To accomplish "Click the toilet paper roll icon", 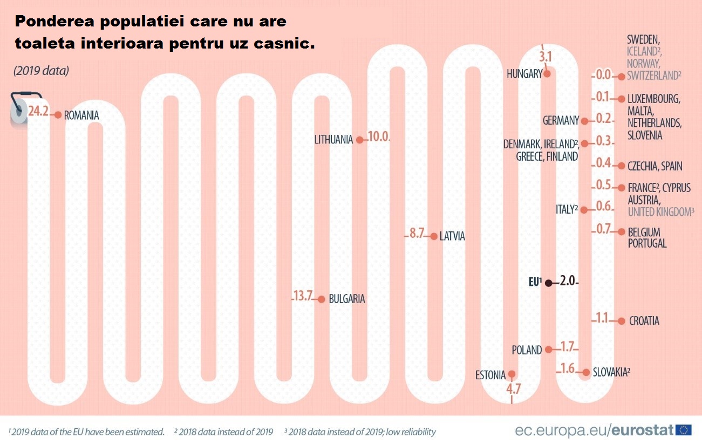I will tap(19, 109).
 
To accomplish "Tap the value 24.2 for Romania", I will tap(38, 112).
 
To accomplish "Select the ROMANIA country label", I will tap(81, 115).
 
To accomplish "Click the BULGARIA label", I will tap(347, 299).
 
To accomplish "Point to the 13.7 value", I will tap(303, 296).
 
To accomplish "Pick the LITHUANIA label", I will tap(333, 140).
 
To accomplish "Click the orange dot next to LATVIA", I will tap(433, 236).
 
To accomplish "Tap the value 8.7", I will tap(417, 234).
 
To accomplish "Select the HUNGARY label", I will tap(524, 74).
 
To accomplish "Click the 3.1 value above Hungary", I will tap(546, 56).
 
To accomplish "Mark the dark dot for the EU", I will tap(548, 283).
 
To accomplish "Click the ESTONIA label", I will tap(490, 375).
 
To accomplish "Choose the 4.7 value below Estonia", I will tap(513, 389).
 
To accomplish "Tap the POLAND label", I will tap(527, 350).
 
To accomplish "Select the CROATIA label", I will tap(644, 321).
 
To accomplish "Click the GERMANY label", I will tap(561, 121).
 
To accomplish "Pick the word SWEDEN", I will tap(643, 39).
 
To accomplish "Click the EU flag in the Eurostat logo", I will tap(685, 429).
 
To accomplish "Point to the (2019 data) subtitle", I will tap(42, 71).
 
